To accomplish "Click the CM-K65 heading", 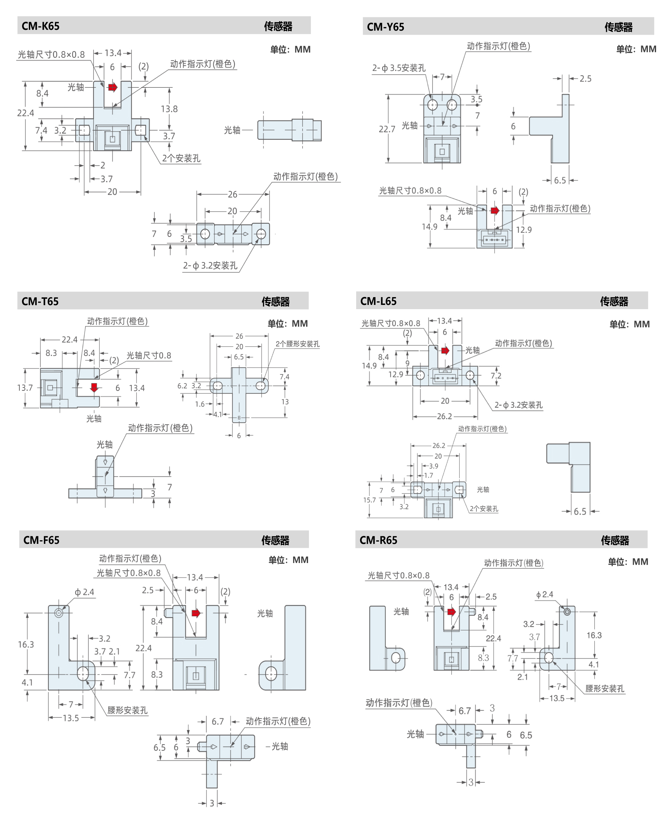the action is [x=41, y=26].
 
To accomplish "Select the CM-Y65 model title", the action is [x=385, y=27].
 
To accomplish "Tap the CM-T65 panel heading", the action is [x=40, y=301].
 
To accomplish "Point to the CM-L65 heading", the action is [x=379, y=301].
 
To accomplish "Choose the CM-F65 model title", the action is [x=41, y=540].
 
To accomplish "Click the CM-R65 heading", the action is [x=379, y=540].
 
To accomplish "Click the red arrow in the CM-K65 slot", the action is [x=113, y=87].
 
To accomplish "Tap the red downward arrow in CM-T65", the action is [x=94, y=387].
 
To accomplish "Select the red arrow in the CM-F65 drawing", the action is [x=196, y=613].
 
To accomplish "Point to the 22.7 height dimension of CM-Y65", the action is [x=387, y=129].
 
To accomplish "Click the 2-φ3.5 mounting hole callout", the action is [x=399, y=68].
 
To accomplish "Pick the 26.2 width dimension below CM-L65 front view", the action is [x=445, y=416].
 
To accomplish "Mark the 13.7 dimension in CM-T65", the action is [x=25, y=387].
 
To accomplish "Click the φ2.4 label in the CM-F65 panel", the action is [x=84, y=592].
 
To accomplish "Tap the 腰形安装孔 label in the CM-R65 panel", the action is [x=605, y=688].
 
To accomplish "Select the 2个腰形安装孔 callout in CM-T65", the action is [x=298, y=344].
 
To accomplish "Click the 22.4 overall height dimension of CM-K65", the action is [x=26, y=113].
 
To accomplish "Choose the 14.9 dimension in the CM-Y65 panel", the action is [x=430, y=227].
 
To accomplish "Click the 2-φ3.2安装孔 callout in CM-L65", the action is [x=519, y=405].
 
